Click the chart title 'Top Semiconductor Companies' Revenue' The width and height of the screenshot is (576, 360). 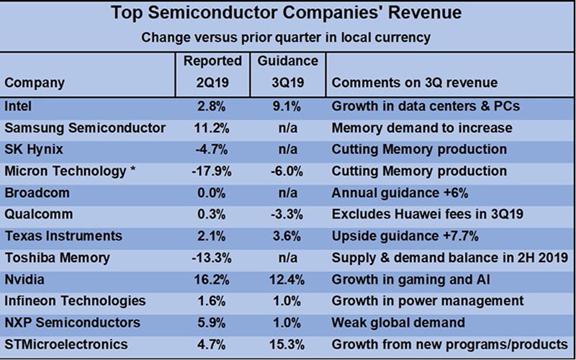point(288,14)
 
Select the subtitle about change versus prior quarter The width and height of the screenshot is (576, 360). point(288,36)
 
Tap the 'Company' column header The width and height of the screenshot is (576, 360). point(35,83)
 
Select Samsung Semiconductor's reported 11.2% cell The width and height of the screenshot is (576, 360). point(212,128)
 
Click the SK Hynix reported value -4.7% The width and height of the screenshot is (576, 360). point(212,150)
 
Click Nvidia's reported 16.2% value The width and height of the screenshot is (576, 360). point(212,279)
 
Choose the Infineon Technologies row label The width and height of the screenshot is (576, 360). point(75,301)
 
